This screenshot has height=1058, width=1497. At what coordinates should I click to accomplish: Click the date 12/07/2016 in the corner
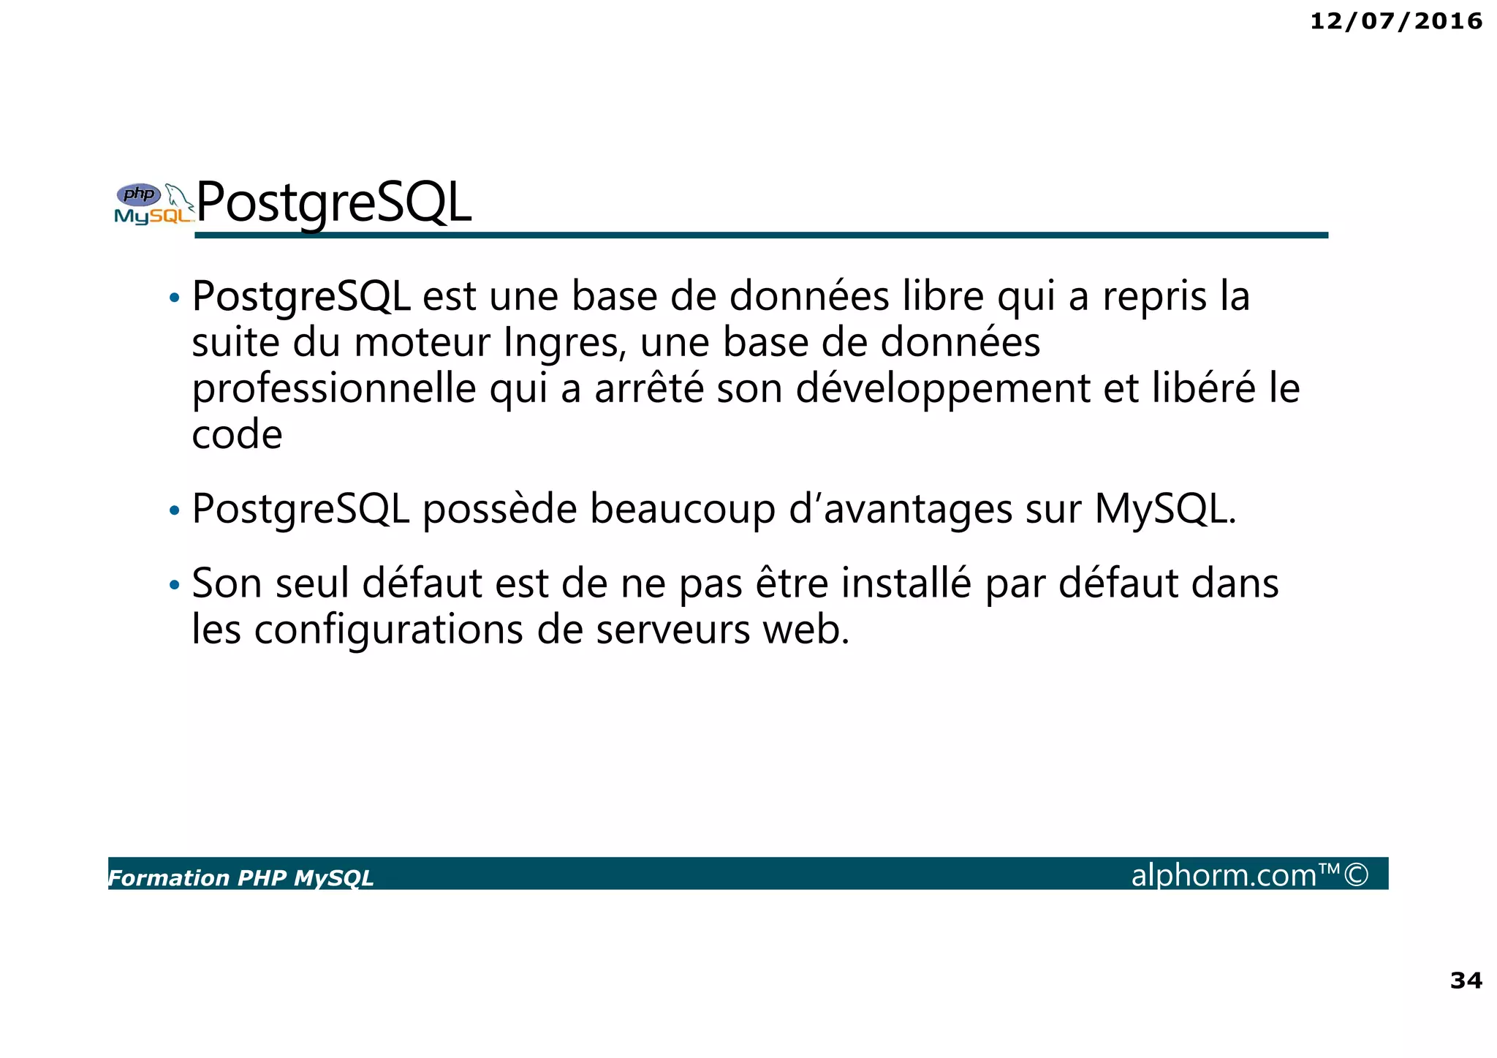tap(1395, 21)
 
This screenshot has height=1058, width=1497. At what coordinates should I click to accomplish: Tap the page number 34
tap(1466, 980)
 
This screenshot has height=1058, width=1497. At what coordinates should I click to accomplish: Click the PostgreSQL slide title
tap(334, 203)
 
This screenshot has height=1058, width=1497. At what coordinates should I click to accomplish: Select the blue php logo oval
tap(139, 194)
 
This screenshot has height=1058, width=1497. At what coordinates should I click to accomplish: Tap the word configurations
tap(389, 630)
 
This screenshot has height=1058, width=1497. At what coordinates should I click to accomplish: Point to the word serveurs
tap(672, 630)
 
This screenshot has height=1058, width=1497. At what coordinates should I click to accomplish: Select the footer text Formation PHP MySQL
tap(241, 878)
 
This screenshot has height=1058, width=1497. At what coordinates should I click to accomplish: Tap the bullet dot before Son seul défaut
tap(174, 585)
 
